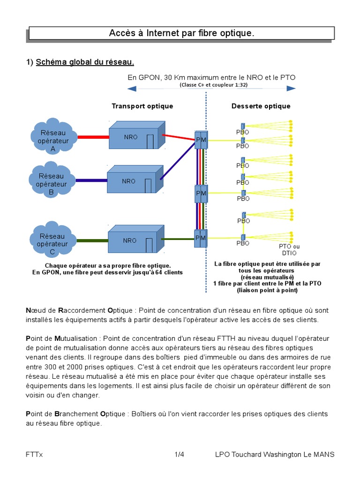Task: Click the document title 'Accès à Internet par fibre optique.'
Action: click(181, 33)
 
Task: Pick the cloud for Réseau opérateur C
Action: click(52, 240)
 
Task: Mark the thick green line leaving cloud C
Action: click(92, 240)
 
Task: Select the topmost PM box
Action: click(201, 139)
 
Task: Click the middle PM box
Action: click(201, 193)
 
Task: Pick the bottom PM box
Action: click(201, 238)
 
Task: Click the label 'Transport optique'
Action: click(142, 106)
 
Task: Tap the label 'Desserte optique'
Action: click(261, 106)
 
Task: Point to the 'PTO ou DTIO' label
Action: click(289, 250)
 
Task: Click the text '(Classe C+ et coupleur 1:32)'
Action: click(213, 85)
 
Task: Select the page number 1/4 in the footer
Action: click(180, 455)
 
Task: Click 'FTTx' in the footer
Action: click(34, 455)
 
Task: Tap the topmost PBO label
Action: click(243, 132)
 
